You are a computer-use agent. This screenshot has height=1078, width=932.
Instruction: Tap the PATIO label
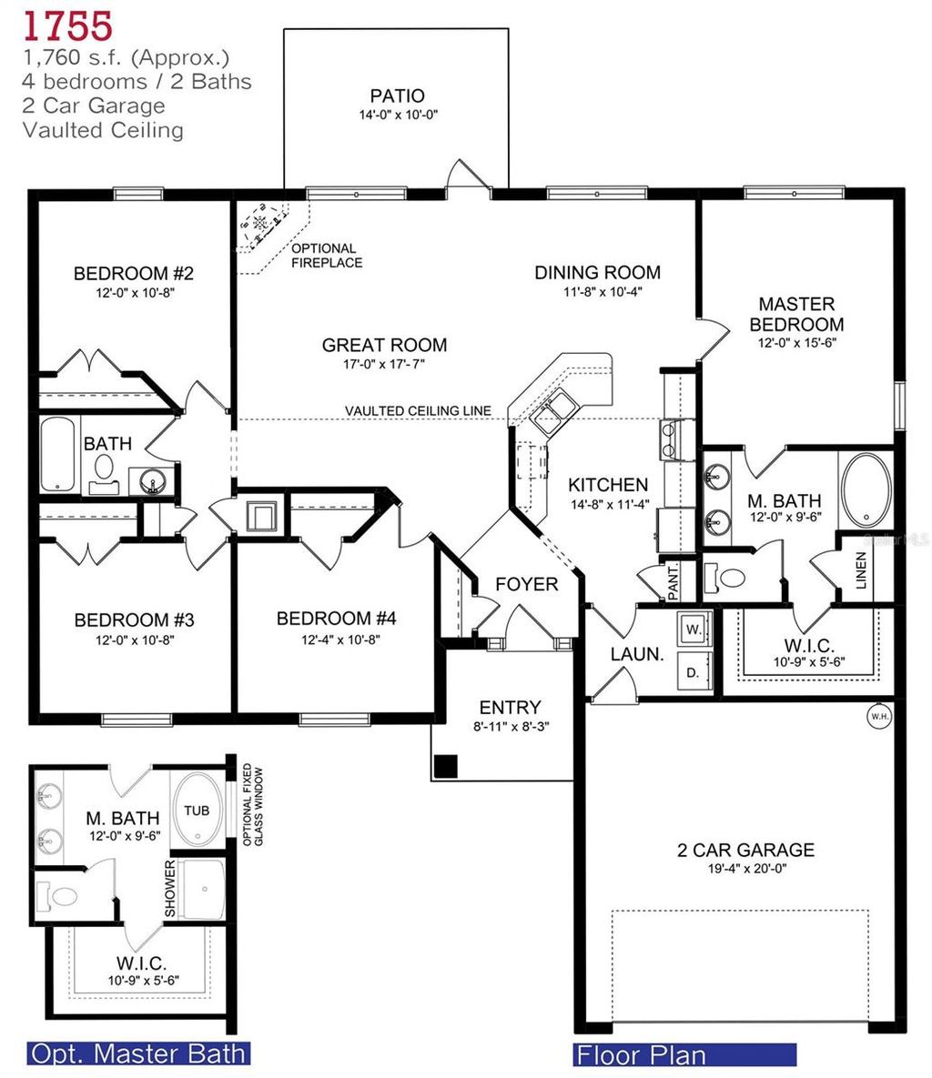397,96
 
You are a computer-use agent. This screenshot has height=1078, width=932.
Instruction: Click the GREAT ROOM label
384,345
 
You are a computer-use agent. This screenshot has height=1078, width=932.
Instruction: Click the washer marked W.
692,629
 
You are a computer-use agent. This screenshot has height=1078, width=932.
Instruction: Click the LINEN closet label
861,569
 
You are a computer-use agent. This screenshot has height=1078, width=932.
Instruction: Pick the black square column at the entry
446,766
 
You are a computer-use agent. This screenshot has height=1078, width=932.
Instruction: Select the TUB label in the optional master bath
197,811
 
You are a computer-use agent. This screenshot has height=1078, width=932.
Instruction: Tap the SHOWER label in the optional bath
169,889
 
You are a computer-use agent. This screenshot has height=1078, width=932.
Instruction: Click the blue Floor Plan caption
684,1055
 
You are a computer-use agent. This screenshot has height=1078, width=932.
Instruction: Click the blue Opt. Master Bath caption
138,1053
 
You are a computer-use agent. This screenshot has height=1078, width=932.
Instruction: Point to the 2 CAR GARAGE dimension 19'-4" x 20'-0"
745,869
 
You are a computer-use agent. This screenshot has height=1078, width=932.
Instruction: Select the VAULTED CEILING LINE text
418,411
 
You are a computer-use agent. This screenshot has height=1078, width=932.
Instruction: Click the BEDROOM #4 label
336,619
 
